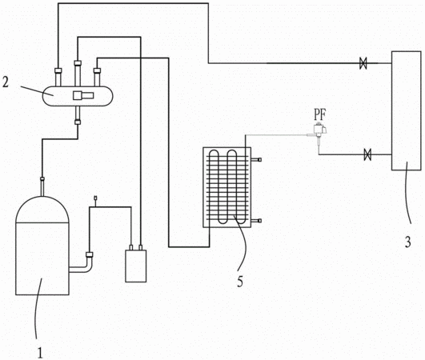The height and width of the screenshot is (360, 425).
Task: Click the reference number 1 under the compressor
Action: [40, 353]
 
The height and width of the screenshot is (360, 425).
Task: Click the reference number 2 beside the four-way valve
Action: [6, 82]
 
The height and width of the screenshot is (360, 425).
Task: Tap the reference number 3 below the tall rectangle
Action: [407, 242]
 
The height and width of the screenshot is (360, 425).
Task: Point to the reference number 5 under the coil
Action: [240, 282]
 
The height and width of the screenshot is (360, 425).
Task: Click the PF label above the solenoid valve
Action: [319, 114]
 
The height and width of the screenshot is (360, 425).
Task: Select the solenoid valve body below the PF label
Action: [320, 130]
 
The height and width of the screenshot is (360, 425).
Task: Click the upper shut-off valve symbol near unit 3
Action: [363, 63]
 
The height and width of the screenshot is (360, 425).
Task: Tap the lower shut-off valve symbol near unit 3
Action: [367, 154]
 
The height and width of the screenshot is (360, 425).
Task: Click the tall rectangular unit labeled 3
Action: [407, 110]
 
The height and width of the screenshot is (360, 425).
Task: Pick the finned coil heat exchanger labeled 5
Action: [227, 187]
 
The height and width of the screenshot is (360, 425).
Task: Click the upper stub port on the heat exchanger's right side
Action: [256, 159]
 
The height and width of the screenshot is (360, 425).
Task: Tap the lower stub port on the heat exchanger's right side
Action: [256, 221]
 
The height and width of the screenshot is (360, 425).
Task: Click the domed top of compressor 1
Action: [42, 209]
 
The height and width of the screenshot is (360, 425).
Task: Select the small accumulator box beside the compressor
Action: [136, 266]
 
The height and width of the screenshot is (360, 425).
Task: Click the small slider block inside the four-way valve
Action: [83, 95]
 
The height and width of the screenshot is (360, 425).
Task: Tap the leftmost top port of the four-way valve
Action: [58, 78]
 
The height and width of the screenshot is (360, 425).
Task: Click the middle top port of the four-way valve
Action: [78, 74]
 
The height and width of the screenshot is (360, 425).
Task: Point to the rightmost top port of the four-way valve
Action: [97, 78]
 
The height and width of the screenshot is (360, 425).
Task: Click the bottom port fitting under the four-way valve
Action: [78, 122]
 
